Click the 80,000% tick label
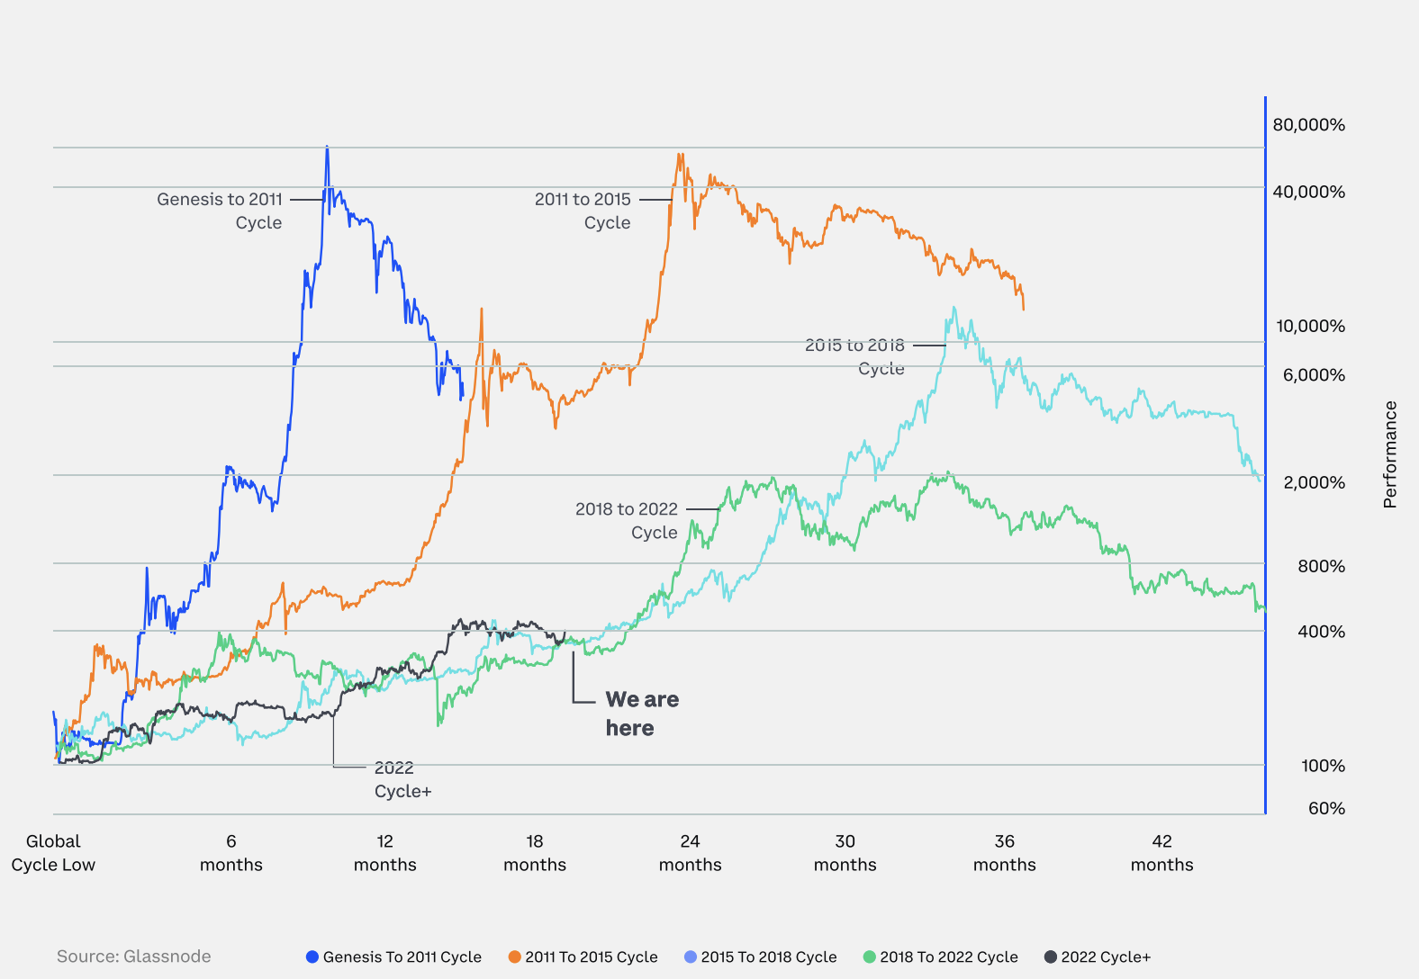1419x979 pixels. click(x=1308, y=125)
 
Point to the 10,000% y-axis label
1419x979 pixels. click(x=1310, y=326)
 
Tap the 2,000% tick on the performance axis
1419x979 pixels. click(x=1314, y=482)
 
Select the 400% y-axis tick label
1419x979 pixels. click(x=1321, y=632)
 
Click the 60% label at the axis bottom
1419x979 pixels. click(x=1326, y=808)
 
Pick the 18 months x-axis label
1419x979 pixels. click(x=535, y=853)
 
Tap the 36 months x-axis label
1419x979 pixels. click(x=1004, y=853)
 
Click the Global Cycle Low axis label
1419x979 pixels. click(x=53, y=853)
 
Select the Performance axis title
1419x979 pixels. click(x=1390, y=454)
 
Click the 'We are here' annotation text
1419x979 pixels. click(x=641, y=714)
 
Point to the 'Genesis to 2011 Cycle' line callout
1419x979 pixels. click(x=220, y=211)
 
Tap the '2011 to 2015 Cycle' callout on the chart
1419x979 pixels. click(x=583, y=211)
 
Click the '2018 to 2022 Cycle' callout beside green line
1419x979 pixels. click(x=627, y=520)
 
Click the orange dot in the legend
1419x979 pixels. click(x=515, y=957)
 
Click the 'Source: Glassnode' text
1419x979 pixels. click(x=134, y=957)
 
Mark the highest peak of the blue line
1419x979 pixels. click(x=327, y=148)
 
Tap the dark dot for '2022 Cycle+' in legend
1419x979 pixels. click(x=1051, y=957)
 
